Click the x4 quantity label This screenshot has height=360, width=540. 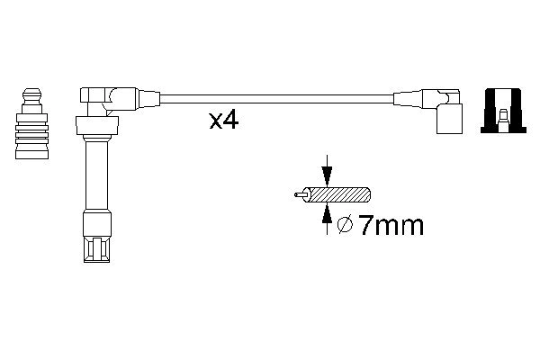pos(223,120)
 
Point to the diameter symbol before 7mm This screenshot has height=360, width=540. pos(344,225)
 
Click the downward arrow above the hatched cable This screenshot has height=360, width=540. pos(327,170)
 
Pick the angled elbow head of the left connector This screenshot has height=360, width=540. pos(98,96)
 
